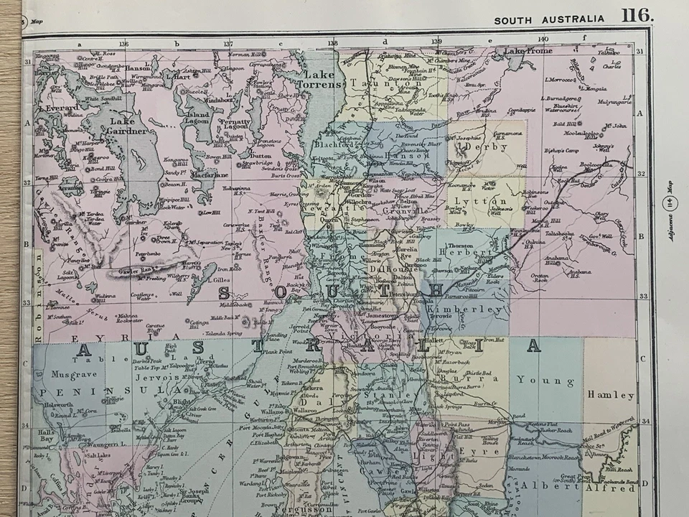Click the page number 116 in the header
point(637,15)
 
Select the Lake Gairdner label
point(126,126)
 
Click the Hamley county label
point(611,395)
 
